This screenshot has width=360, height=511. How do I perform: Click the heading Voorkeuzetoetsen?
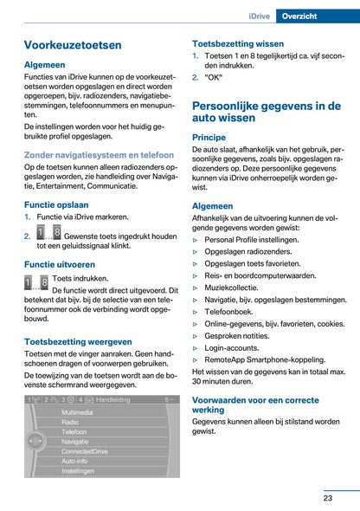(x=74, y=45)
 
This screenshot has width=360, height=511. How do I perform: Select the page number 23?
(x=328, y=497)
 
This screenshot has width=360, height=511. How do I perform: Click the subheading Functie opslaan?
(x=56, y=205)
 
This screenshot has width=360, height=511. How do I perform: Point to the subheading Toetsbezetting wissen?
(x=237, y=42)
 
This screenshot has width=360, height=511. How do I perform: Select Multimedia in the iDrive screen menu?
(x=77, y=413)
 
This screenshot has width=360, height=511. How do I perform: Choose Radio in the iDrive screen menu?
(x=69, y=423)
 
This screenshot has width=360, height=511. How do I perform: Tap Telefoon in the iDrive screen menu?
(x=74, y=431)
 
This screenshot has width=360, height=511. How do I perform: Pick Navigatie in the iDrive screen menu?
(x=74, y=442)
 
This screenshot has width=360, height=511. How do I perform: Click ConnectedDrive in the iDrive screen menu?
(x=85, y=451)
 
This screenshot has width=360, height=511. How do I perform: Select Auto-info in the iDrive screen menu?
(x=74, y=461)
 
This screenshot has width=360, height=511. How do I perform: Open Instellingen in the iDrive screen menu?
(x=78, y=471)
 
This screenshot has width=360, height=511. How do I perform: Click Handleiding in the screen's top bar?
(x=113, y=400)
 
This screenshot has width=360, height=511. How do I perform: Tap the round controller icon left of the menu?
(x=36, y=443)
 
